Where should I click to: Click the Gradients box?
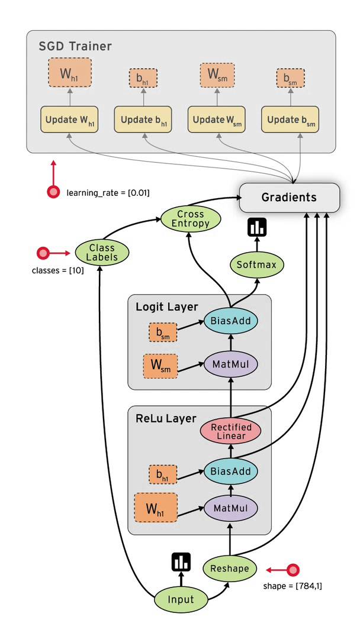click(x=289, y=197)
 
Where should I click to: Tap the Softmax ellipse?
click(x=256, y=264)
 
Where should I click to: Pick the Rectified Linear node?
click(x=230, y=431)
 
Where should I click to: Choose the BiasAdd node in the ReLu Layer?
click(x=230, y=472)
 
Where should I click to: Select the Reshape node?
click(x=230, y=569)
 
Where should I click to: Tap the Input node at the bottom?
click(x=181, y=599)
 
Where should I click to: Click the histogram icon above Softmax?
click(x=258, y=227)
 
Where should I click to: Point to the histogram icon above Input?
click(x=181, y=562)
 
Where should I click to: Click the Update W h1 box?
click(x=69, y=120)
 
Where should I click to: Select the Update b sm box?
click(x=291, y=120)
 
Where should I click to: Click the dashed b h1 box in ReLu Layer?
click(x=161, y=475)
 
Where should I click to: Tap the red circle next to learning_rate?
click(x=53, y=192)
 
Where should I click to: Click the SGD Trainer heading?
click(x=75, y=46)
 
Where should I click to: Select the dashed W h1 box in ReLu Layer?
click(x=156, y=508)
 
